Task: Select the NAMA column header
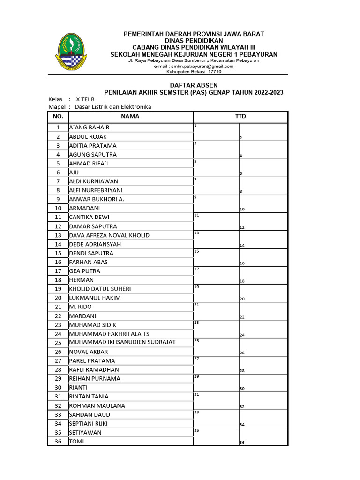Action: pyautogui.click(x=130, y=116)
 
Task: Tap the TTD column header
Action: pyautogui.click(x=240, y=116)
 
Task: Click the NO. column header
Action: pyautogui.click(x=58, y=116)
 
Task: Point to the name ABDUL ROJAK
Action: pyautogui.click(x=88, y=136)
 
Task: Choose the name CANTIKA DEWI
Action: pyautogui.click(x=89, y=217)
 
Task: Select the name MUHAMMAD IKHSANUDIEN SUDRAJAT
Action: pyautogui.click(x=122, y=342)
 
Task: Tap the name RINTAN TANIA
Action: pyautogui.click(x=89, y=396)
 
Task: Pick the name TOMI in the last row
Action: pyautogui.click(x=76, y=441)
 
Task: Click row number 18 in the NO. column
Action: pyautogui.click(x=58, y=280)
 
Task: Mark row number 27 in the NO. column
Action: pyautogui.click(x=58, y=360)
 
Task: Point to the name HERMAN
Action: pyautogui.click(x=82, y=280)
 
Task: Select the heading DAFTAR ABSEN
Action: pyautogui.click(x=194, y=85)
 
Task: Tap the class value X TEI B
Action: pyautogui.click(x=85, y=99)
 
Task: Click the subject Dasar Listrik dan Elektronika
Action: pyautogui.click(x=112, y=107)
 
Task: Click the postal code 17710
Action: pyautogui.click(x=214, y=72)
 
